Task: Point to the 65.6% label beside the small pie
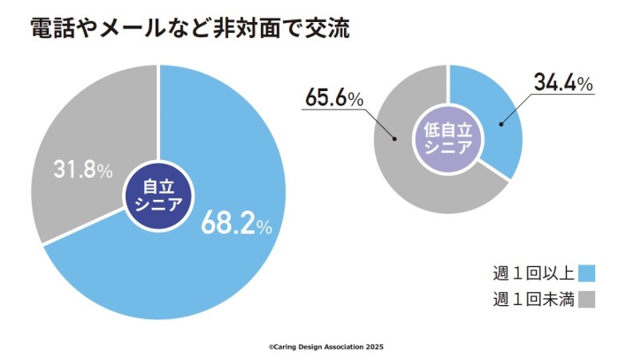pos(334,98)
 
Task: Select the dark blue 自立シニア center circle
pos(158,192)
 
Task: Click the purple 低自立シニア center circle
pos(448,139)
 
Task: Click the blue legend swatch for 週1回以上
pos(585,272)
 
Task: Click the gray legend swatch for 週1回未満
pos(585,299)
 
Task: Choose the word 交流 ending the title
pos(326,28)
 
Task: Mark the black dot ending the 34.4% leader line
pos(501,125)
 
